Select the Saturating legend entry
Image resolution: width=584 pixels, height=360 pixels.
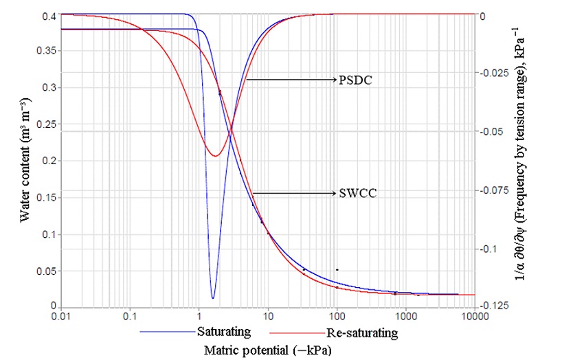pos(223,332)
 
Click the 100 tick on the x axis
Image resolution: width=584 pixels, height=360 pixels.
pos(337,317)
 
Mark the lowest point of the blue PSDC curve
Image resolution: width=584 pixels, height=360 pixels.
pos(213,298)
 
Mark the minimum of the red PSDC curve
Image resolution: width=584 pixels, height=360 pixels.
pos(215,156)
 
